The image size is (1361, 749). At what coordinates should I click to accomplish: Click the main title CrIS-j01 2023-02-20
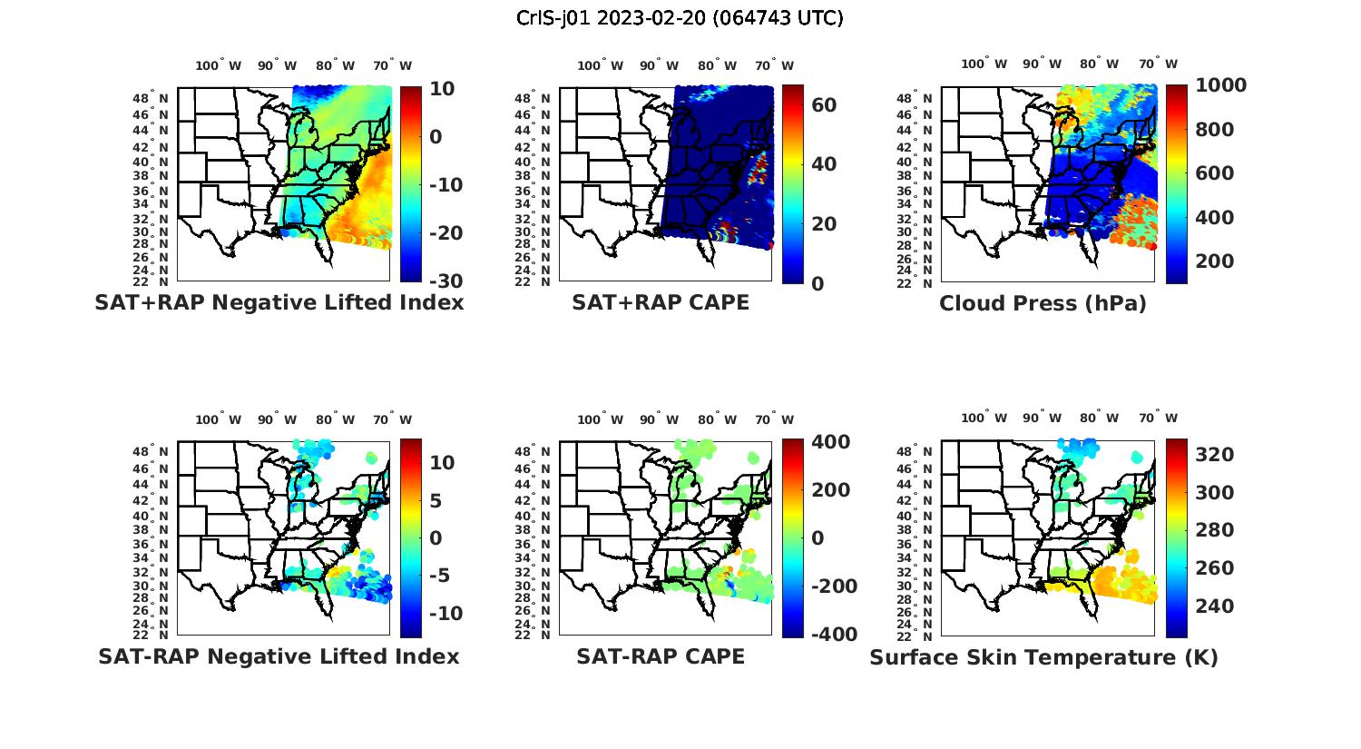(x=680, y=18)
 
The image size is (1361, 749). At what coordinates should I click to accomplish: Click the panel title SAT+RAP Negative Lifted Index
(x=279, y=303)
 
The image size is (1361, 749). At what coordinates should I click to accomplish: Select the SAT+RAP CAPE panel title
(x=661, y=303)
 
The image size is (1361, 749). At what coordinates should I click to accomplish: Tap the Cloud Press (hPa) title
(x=1043, y=303)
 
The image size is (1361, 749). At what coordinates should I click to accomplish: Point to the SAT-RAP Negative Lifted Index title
(x=279, y=656)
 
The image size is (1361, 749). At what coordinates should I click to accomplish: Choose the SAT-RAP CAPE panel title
(x=661, y=656)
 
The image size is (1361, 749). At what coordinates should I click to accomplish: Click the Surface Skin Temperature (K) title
(x=1043, y=657)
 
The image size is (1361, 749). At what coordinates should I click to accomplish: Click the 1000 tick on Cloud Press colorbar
(x=1220, y=85)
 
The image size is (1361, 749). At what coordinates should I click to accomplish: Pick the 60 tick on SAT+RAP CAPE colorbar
(x=824, y=105)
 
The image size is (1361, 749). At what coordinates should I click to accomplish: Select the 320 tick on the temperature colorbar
(x=1215, y=454)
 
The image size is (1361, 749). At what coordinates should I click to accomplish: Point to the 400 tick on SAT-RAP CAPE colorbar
(x=830, y=442)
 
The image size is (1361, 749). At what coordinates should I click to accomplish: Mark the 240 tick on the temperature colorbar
(x=1215, y=606)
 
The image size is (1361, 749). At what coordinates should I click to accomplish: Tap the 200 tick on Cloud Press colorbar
(x=1215, y=261)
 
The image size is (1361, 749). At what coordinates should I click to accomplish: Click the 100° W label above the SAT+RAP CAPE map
(x=600, y=65)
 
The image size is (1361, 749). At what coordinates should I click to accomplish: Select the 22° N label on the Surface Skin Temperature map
(x=918, y=635)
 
